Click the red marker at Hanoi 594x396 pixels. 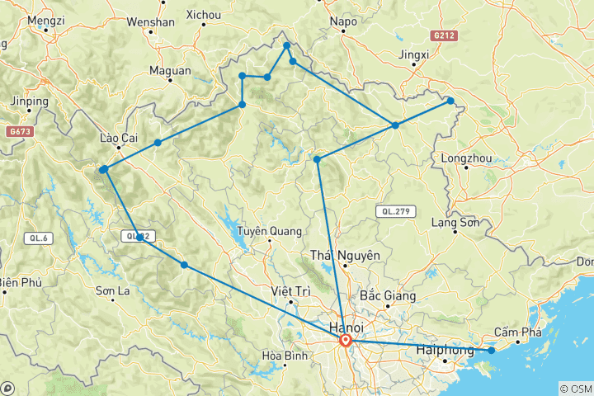point(346,340)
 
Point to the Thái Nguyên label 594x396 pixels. point(345,256)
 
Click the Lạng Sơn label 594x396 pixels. point(458,222)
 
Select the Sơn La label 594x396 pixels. point(113,290)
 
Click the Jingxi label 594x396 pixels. point(414,55)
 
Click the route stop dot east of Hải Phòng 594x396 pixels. point(492,351)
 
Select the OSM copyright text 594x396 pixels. point(575,388)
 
